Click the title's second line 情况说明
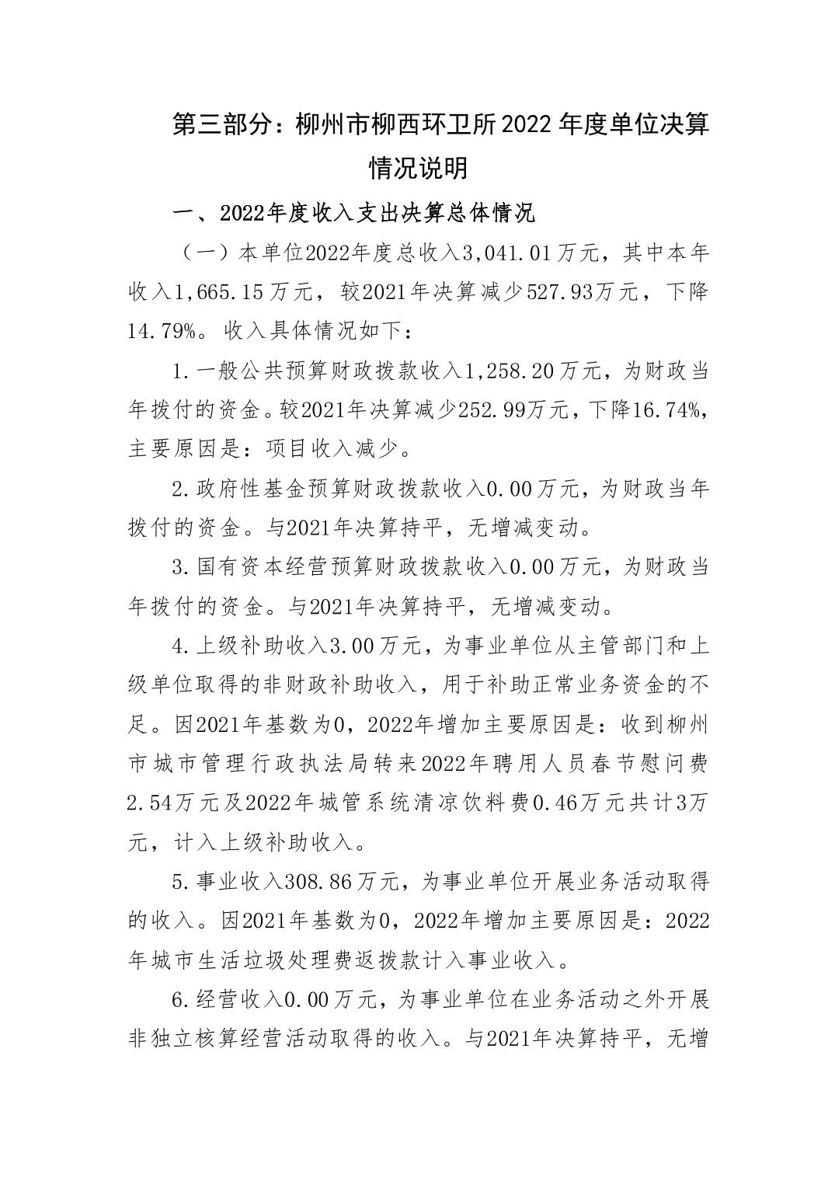coord(418,168)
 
